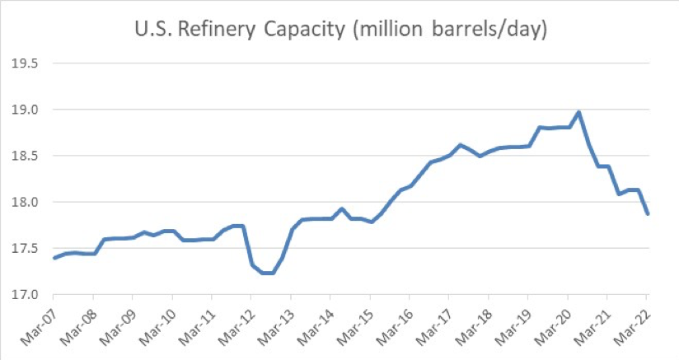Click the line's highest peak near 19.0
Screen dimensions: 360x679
(578, 112)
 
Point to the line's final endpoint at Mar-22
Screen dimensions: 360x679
(647, 214)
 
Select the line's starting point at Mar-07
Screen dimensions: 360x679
(54, 258)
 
